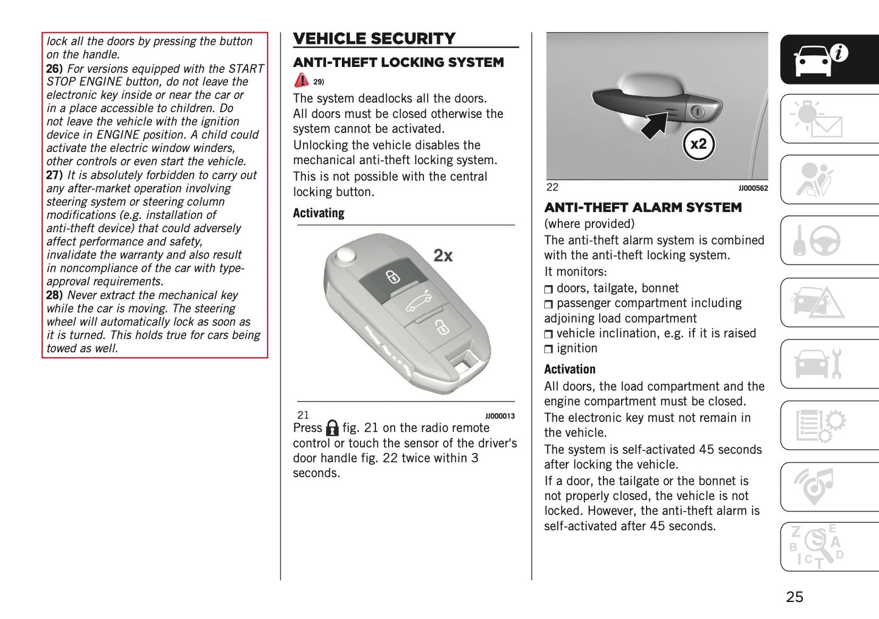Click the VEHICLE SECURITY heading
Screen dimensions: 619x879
[374, 39]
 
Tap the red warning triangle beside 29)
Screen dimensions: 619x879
[301, 80]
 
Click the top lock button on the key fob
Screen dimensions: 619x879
[393, 277]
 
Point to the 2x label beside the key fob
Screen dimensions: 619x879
[443, 256]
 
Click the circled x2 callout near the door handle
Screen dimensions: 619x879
[698, 144]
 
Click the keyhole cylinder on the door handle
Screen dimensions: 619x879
[697, 111]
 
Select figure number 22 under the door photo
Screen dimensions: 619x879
[552, 187]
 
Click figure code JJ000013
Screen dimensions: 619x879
[499, 417]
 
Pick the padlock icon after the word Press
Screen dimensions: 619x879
[332, 428]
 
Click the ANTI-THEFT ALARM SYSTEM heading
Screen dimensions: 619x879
[643, 207]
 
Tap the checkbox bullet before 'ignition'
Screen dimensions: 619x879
[549, 349]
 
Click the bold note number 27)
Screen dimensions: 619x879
[55, 175]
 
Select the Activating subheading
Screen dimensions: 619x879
[319, 213]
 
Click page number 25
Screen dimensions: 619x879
[794, 597]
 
